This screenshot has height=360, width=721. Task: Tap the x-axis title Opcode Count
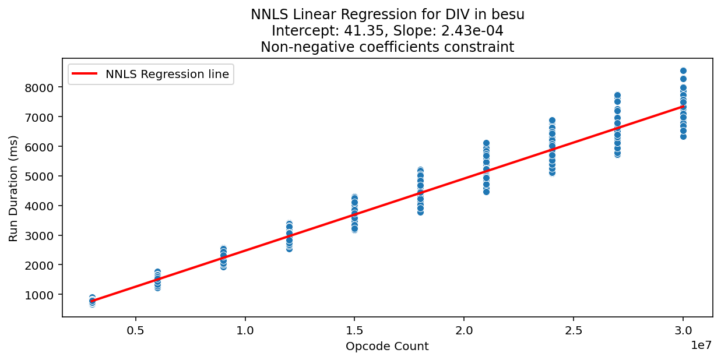pyautogui.click(x=387, y=347)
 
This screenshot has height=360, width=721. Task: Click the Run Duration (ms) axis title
pyautogui.click(x=13, y=188)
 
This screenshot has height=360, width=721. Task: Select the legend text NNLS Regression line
pyautogui.click(x=167, y=74)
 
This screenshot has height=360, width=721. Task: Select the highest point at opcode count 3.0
pyautogui.click(x=683, y=70)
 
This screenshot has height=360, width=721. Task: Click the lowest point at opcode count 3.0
pyautogui.click(x=683, y=136)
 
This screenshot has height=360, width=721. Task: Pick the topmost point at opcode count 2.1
pyautogui.click(x=486, y=143)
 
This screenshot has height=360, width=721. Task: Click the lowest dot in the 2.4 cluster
pyautogui.click(x=552, y=172)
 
